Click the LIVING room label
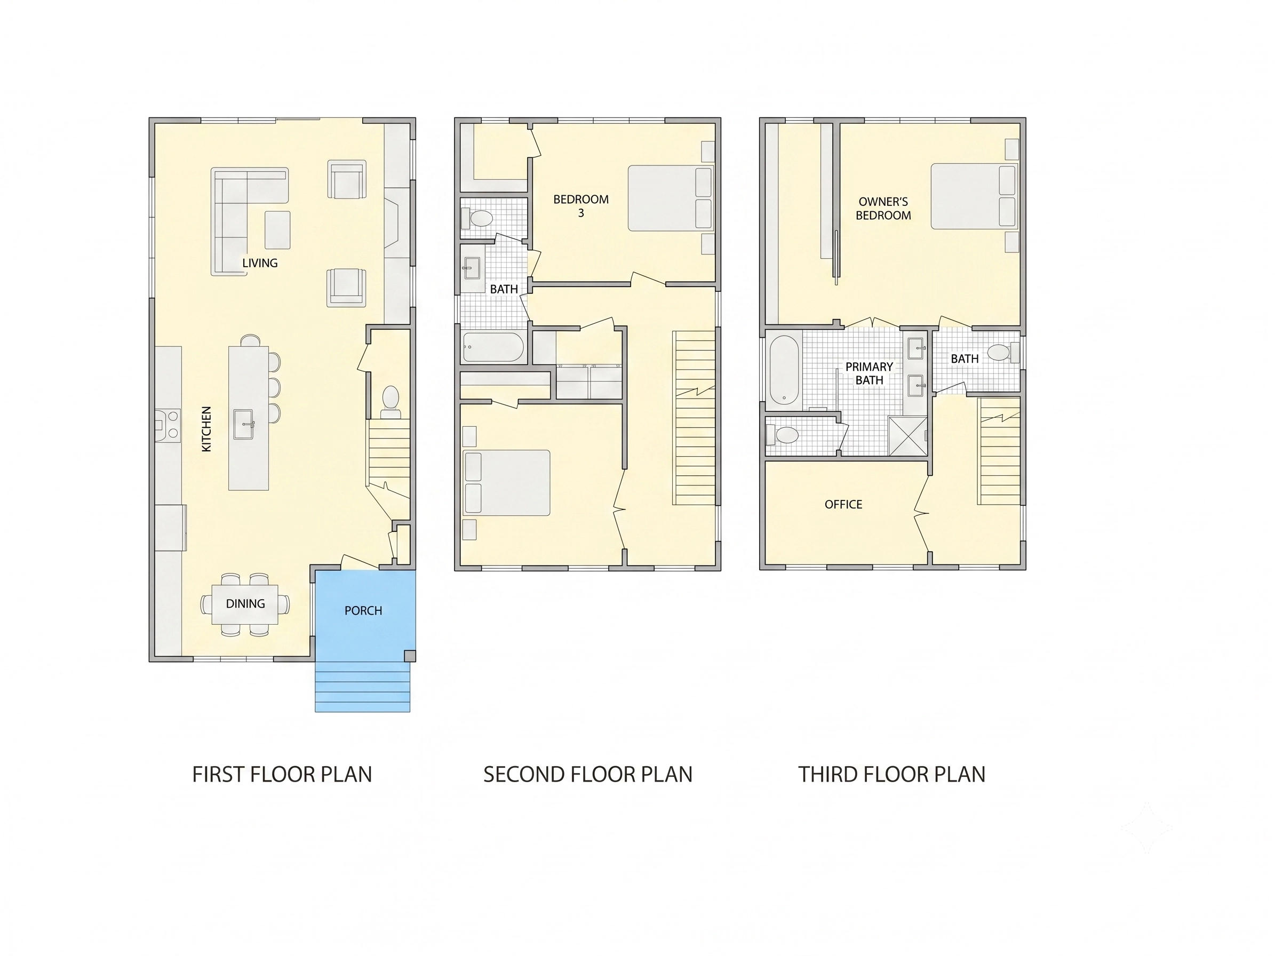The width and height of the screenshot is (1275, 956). pos(259,263)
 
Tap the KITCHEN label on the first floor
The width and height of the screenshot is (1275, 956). pos(206,429)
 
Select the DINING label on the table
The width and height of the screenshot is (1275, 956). pos(245,603)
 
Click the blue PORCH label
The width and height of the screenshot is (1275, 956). pos(363,610)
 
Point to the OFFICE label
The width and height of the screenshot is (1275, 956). pos(843,504)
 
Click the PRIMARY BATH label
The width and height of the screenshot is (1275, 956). pos(869,373)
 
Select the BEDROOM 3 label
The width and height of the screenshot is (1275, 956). pos(581,206)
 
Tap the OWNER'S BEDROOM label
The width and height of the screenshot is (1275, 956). pos(883,208)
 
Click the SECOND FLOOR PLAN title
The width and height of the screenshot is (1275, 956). pos(587,774)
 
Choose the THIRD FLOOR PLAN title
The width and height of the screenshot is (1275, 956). pos(891,774)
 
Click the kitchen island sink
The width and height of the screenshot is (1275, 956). pos(244,425)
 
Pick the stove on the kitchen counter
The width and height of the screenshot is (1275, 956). pos(168,425)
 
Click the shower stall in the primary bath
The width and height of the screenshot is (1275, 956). pos(908,436)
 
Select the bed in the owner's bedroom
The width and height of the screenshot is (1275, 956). pos(975,196)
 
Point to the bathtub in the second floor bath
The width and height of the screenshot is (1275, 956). pos(493,347)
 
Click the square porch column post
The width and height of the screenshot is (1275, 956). pos(410,656)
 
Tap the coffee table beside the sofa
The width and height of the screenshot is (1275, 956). pos(277,230)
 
